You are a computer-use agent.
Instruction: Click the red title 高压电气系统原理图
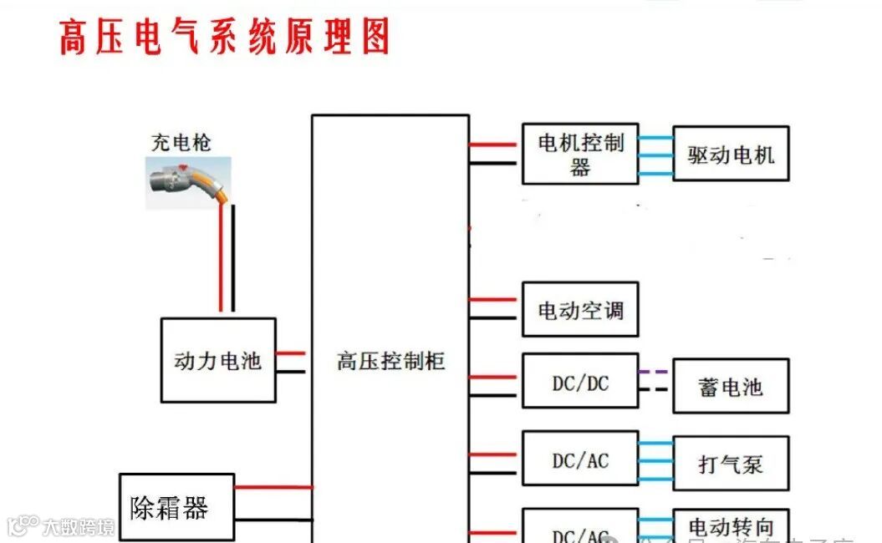pyautogui.click(x=224, y=38)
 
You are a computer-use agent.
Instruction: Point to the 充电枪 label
pyautogui.click(x=181, y=143)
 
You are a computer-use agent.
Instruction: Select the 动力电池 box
pyautogui.click(x=217, y=360)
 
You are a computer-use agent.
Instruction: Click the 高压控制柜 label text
pyautogui.click(x=390, y=362)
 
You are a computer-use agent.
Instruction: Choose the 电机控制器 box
pyautogui.click(x=579, y=154)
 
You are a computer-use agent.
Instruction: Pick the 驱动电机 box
pyautogui.click(x=731, y=154)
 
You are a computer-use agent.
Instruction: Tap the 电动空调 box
pyautogui.click(x=579, y=310)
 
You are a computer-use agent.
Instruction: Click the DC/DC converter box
pyautogui.click(x=579, y=383)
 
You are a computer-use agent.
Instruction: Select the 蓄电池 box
pyautogui.click(x=731, y=386)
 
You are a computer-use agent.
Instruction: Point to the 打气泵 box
pyautogui.click(x=731, y=463)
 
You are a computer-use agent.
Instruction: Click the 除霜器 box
pyautogui.click(x=176, y=506)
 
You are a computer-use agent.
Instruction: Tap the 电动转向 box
pyautogui.click(x=731, y=527)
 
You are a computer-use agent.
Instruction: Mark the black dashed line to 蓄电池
pyautogui.click(x=655, y=389)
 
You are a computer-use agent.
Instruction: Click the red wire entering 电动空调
pyautogui.click(x=495, y=299)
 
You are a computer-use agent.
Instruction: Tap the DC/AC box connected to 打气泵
pyautogui.click(x=579, y=460)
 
